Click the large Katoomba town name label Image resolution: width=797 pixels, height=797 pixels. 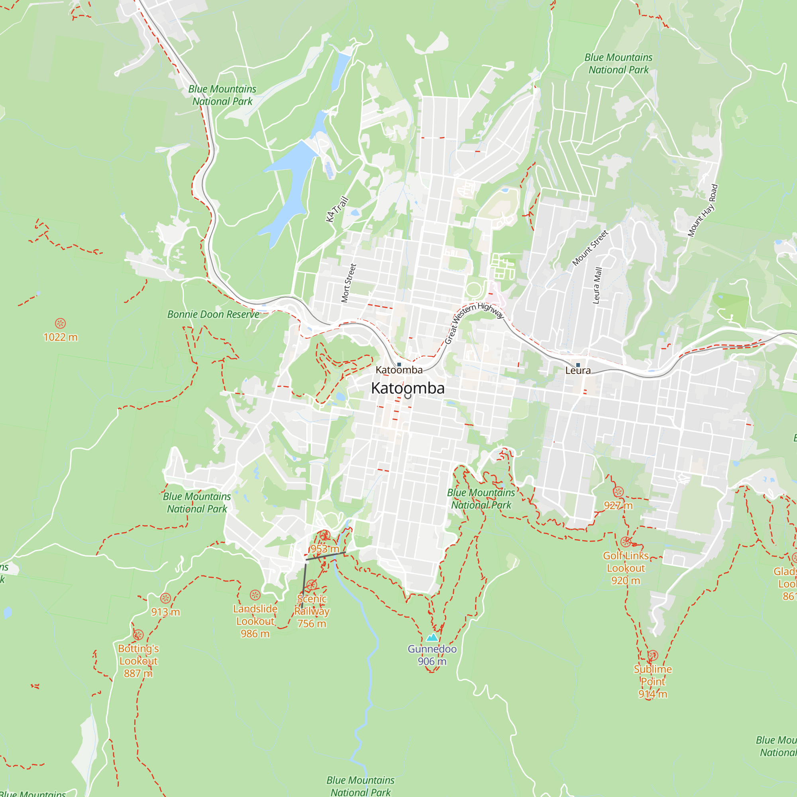coord(408,388)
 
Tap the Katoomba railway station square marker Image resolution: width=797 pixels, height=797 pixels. coord(399,364)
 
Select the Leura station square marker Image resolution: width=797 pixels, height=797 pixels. coord(578,365)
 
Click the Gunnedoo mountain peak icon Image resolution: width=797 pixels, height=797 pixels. coord(432,637)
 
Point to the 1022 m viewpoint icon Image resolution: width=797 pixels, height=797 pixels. coord(60,323)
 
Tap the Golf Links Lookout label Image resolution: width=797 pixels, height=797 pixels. coord(625,568)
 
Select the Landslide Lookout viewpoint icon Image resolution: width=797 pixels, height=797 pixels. coord(255,595)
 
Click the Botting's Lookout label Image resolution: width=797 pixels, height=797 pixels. coord(138,661)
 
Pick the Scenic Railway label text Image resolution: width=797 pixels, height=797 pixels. coord(312,605)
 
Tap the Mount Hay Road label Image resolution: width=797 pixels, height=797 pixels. coord(703,210)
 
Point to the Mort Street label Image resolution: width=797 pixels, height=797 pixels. coord(349,283)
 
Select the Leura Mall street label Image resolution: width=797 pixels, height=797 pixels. coord(597,285)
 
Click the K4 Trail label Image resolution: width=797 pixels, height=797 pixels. coord(337,210)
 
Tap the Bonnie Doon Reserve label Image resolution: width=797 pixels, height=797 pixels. coord(213,314)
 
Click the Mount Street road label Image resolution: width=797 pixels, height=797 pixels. coord(590,247)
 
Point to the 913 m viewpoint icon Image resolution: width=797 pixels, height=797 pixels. coord(165,598)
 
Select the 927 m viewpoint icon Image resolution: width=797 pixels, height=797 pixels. coord(618,491)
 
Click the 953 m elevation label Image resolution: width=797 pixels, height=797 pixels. coord(325,549)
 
